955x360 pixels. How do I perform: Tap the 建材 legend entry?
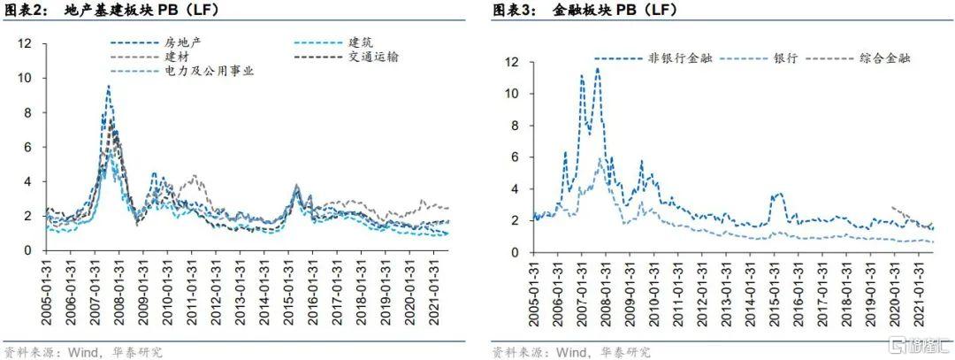(x=177, y=57)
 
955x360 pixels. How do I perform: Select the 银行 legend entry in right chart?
(x=784, y=58)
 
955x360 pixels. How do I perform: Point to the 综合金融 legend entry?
(x=885, y=58)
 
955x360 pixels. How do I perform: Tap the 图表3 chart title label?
(x=510, y=11)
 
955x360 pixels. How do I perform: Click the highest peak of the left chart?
(x=109, y=86)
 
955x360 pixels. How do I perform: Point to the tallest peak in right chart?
(x=598, y=68)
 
